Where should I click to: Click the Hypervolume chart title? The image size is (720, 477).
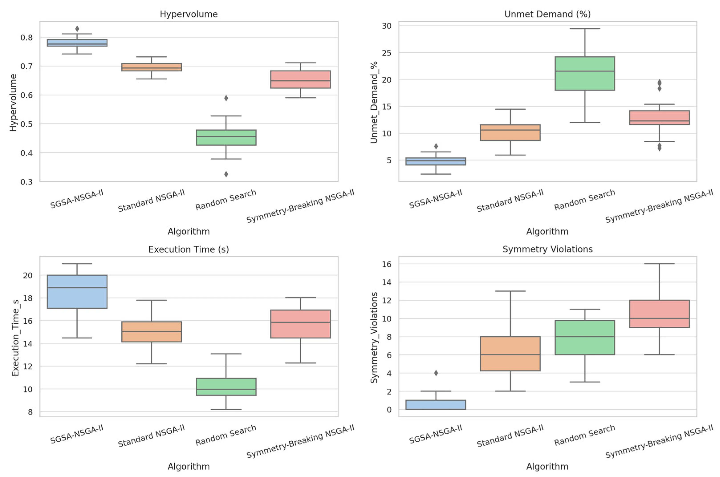(189, 14)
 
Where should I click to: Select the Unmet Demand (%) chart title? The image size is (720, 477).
(547, 14)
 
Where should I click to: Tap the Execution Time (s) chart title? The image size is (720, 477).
(189, 249)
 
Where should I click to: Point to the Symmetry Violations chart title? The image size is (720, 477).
(547, 249)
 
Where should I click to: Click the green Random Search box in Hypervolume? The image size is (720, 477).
(226, 137)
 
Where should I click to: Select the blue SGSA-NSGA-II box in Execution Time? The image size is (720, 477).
(77, 292)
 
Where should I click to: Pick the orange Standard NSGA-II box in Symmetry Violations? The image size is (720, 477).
(510, 354)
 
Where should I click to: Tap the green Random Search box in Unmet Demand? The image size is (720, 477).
(585, 73)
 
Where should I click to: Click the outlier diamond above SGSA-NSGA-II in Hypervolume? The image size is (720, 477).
(77, 29)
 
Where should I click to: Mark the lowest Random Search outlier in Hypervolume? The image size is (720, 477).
(226, 174)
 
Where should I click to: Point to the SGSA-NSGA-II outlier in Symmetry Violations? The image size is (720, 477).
(436, 373)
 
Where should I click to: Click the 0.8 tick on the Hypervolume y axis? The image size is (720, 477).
(27, 37)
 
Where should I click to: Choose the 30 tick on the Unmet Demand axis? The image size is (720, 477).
(386, 26)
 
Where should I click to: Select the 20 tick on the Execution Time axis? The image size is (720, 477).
(27, 275)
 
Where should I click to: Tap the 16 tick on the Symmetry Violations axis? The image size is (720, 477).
(386, 264)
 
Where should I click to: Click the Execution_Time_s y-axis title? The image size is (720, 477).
(15, 338)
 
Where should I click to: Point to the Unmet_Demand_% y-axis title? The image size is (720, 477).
(374, 102)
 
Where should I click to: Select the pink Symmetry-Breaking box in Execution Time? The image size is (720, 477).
(301, 324)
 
